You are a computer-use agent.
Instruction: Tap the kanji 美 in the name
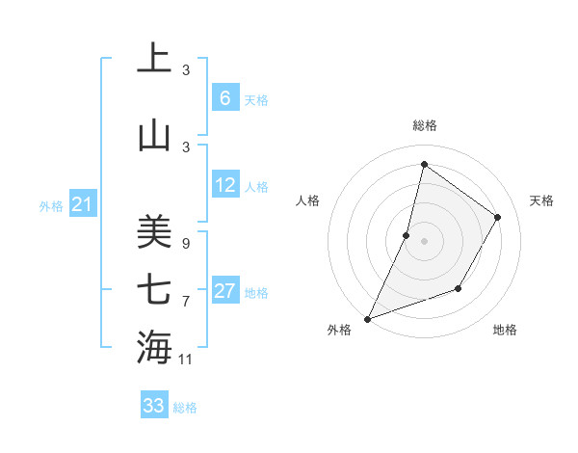153,230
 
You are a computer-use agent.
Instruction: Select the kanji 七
153,288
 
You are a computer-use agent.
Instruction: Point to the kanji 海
153,347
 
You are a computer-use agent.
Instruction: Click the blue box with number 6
224,98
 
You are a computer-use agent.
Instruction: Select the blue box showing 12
224,185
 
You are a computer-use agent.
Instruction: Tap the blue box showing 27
224,291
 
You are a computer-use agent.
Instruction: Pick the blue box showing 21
82,204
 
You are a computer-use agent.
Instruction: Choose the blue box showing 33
153,406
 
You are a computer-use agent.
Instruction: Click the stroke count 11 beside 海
186,360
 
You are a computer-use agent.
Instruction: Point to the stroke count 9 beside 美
186,244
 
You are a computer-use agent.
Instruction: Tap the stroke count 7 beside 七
186,302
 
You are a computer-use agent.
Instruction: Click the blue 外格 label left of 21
51,205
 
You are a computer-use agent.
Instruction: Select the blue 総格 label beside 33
185,408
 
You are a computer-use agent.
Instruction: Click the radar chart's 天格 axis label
542,200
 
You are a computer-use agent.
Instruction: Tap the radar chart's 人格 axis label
307,200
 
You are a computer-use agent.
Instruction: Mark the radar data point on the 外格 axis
367,318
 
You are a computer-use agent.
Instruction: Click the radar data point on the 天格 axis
498,217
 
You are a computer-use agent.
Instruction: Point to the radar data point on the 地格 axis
459,288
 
